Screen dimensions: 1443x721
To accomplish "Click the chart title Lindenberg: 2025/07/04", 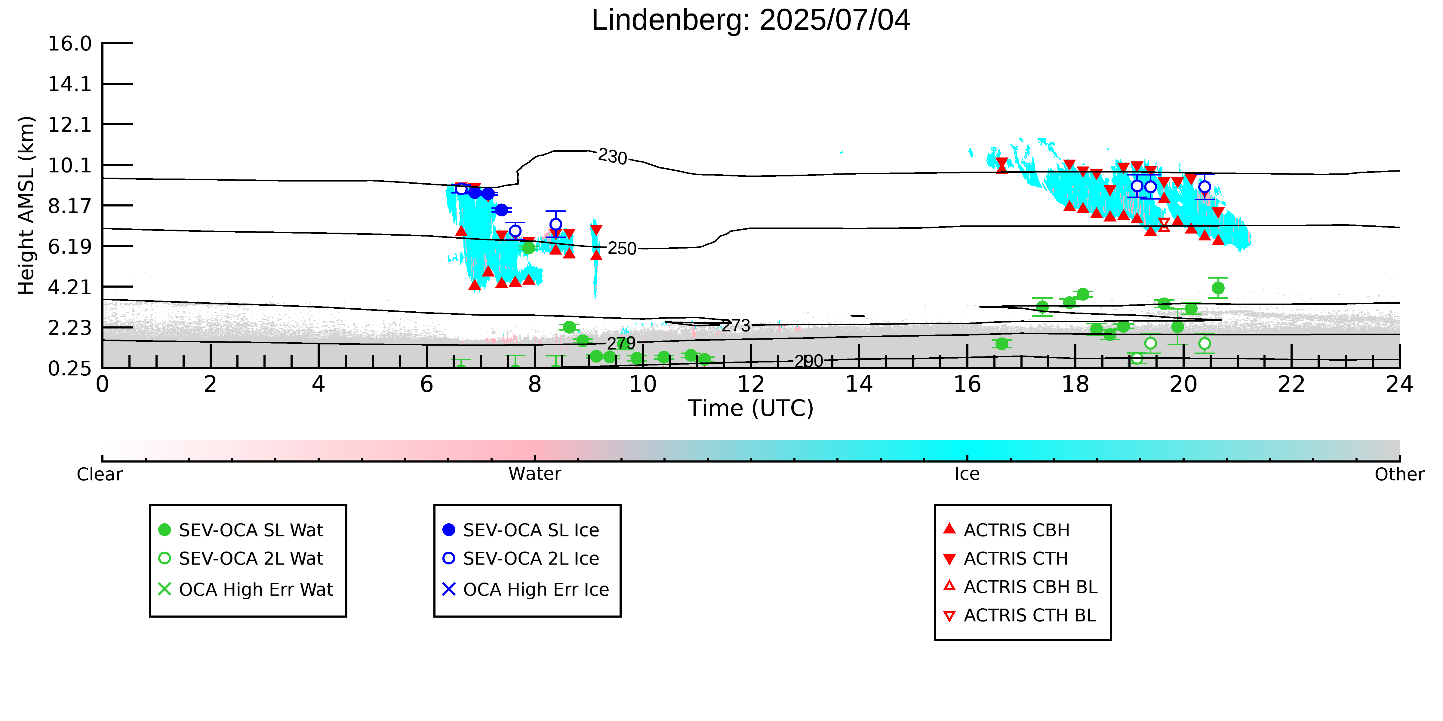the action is click(751, 21).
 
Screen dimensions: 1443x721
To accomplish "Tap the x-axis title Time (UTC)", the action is click(751, 408).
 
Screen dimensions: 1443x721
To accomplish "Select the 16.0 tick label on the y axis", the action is click(69, 44).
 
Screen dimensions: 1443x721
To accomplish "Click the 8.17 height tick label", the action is click(69, 206).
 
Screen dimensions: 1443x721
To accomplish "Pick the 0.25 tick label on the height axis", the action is click(69, 368).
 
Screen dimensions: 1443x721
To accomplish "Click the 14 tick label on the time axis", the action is click(859, 385).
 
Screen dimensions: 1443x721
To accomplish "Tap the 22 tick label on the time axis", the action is click(1291, 385).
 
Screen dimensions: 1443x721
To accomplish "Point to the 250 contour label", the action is click(622, 248).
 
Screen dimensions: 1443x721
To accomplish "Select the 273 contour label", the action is click(736, 325).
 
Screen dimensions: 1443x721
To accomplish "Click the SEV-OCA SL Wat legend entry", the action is click(241, 530).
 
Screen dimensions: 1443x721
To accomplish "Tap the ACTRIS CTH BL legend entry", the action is click(1020, 615).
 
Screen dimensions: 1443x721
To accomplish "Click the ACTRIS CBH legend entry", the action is click(1007, 530).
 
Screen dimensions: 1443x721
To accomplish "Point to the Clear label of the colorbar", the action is click(100, 474).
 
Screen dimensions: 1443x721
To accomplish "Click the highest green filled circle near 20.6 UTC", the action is click(1218, 288).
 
